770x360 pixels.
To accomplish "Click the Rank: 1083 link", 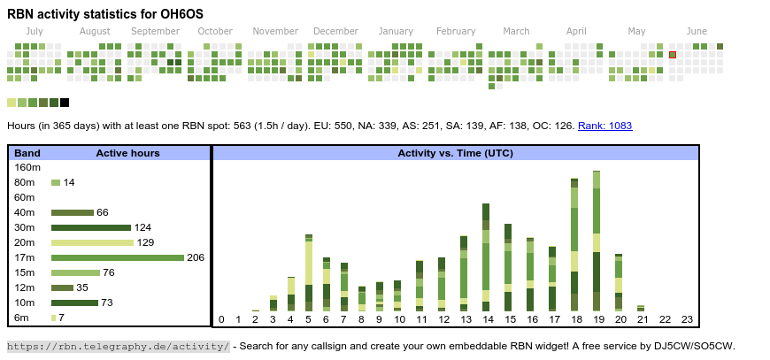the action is (x=605, y=126).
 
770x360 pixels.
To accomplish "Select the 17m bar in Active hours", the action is (x=118, y=257).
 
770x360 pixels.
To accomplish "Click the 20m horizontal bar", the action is (x=92, y=242).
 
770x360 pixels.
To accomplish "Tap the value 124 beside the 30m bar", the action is (x=142, y=227).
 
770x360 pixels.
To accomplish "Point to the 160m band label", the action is (x=27, y=167).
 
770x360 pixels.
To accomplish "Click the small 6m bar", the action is (x=53, y=318).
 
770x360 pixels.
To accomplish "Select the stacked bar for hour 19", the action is (x=597, y=241).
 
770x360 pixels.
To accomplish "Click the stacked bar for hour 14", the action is (x=486, y=257).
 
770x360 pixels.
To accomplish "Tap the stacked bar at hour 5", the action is (x=309, y=272).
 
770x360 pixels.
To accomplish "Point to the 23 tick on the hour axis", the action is (x=687, y=320).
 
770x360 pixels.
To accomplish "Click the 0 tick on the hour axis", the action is (x=221, y=320).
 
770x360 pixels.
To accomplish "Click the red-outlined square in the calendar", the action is (x=673, y=55).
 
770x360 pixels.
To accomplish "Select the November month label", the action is (x=275, y=31).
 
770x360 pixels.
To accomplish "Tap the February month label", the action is (x=456, y=31).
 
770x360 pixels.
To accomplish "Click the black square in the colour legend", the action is (x=65, y=103).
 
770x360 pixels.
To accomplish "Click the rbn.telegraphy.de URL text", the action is (x=119, y=347).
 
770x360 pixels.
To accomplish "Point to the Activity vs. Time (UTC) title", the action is (x=455, y=153).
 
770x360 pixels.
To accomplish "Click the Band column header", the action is (x=27, y=153).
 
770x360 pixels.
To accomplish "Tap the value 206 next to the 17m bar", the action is (x=196, y=257).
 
